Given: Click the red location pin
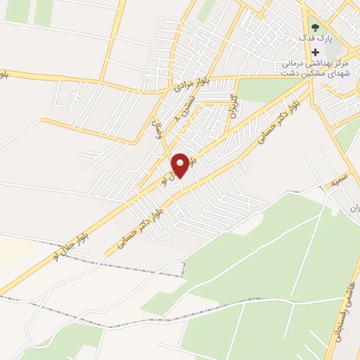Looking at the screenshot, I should pyautogui.click(x=180, y=166).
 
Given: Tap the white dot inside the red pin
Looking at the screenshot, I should pyautogui.click(x=180, y=163).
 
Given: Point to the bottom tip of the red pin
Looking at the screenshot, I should pyautogui.click(x=180, y=178).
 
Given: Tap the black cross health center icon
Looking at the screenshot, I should pyautogui.click(x=316, y=52).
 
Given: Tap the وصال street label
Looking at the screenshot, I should pyautogui.click(x=157, y=130).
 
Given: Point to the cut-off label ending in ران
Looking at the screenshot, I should pyautogui.click(x=354, y=208).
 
